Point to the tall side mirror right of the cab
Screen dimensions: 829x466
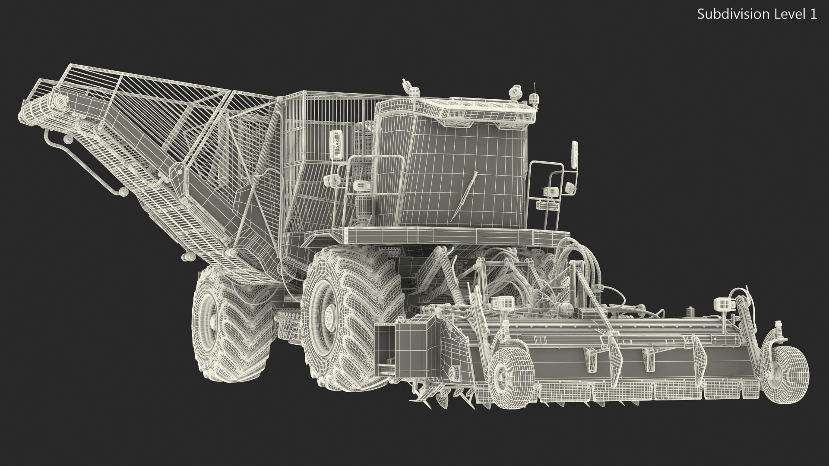point(575,155)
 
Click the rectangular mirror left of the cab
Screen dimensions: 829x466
point(335,145)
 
